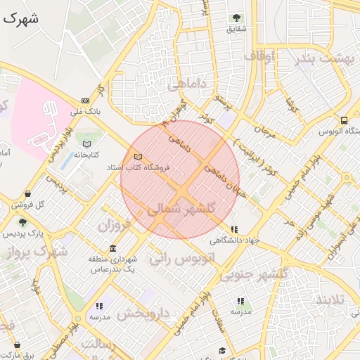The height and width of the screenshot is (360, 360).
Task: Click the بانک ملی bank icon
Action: click(86, 101)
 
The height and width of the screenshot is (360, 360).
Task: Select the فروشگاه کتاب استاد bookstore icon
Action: click(138, 156)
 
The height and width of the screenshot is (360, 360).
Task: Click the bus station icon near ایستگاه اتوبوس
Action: click(344, 120)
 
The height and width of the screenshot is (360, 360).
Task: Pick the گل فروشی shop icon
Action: click(27, 194)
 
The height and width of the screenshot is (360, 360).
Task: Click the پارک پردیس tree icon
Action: click(22, 221)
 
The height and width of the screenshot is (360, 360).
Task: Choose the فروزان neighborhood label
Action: click(115, 226)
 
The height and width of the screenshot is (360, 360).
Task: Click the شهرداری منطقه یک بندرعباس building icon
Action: click(113, 249)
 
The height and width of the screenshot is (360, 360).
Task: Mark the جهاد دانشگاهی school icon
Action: click(234, 229)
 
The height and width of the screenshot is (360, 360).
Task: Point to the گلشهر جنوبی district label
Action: click(255, 274)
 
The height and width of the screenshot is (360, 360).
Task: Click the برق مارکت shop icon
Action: click(17, 345)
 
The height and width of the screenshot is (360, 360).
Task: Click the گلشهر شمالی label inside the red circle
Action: click(181, 208)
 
